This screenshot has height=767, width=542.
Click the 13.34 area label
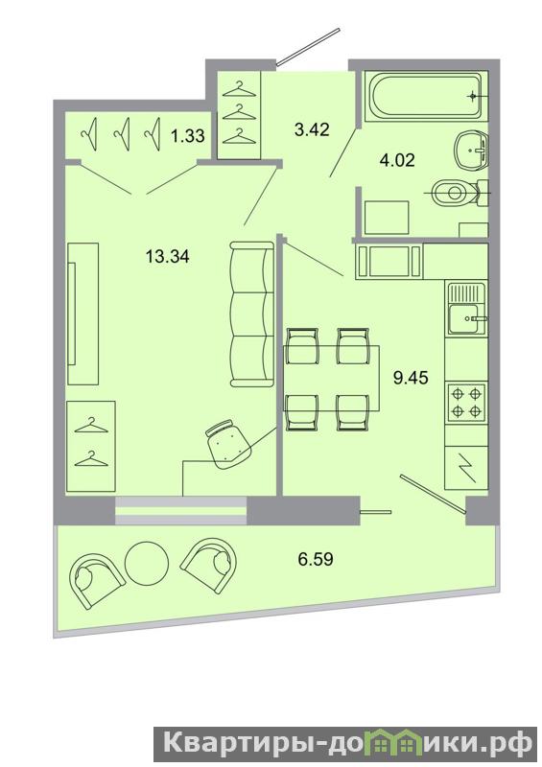tap(168, 256)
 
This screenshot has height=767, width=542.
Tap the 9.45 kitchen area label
tap(412, 378)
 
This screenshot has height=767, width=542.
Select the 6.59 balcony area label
tap(316, 559)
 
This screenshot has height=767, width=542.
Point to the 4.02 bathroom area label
tap(397, 160)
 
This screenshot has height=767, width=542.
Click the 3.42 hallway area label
tap(313, 129)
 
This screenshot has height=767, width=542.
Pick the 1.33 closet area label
tap(187, 135)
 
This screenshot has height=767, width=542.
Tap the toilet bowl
tap(456, 193)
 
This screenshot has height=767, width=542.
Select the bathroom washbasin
tap(471, 149)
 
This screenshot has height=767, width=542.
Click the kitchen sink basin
tap(464, 319)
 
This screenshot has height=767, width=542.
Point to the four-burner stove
tap(465, 402)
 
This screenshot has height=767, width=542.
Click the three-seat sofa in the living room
tap(251, 314)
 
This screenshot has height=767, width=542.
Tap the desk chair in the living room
tap(228, 444)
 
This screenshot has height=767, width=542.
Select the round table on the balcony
tap(147, 563)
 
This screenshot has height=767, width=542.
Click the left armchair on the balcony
tap(96, 581)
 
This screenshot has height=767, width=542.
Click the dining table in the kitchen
tap(332, 378)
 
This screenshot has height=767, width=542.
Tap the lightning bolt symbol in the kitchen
tap(465, 468)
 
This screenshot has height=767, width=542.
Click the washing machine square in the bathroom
tap(386, 217)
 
